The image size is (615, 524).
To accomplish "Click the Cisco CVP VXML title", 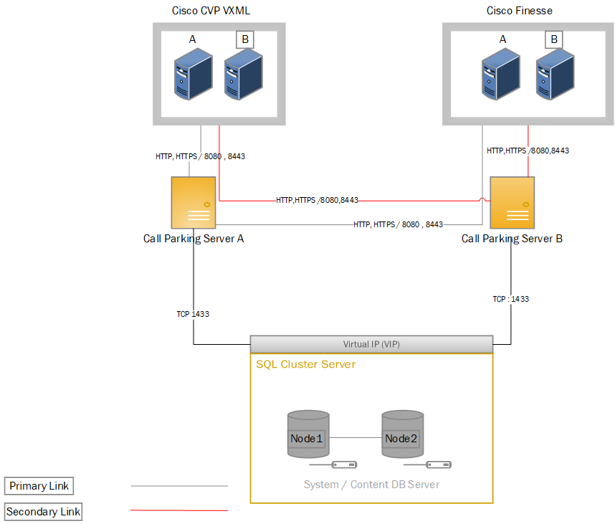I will [211, 11].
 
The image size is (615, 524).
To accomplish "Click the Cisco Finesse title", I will [519, 11].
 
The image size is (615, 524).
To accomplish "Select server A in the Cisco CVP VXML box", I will [193, 73].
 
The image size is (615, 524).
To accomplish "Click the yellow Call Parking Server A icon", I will [194, 203].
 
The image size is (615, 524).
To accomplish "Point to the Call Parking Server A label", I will [194, 239].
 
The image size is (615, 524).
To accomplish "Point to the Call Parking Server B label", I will [512, 239].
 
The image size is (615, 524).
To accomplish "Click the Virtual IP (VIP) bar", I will [371, 344].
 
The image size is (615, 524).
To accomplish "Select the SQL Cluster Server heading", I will [306, 364].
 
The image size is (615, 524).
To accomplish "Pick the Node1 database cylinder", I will [308, 434].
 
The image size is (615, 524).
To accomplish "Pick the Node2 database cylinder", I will [402, 434].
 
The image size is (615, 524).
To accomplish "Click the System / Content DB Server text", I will [371, 485].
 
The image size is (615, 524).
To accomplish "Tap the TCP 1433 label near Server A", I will [193, 314].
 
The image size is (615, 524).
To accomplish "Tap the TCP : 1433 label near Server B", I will [510, 299].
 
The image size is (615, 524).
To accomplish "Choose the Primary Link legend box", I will [39, 486].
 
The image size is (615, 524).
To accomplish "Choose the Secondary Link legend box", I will [44, 512].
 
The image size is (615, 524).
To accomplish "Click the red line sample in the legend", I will [179, 511].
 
